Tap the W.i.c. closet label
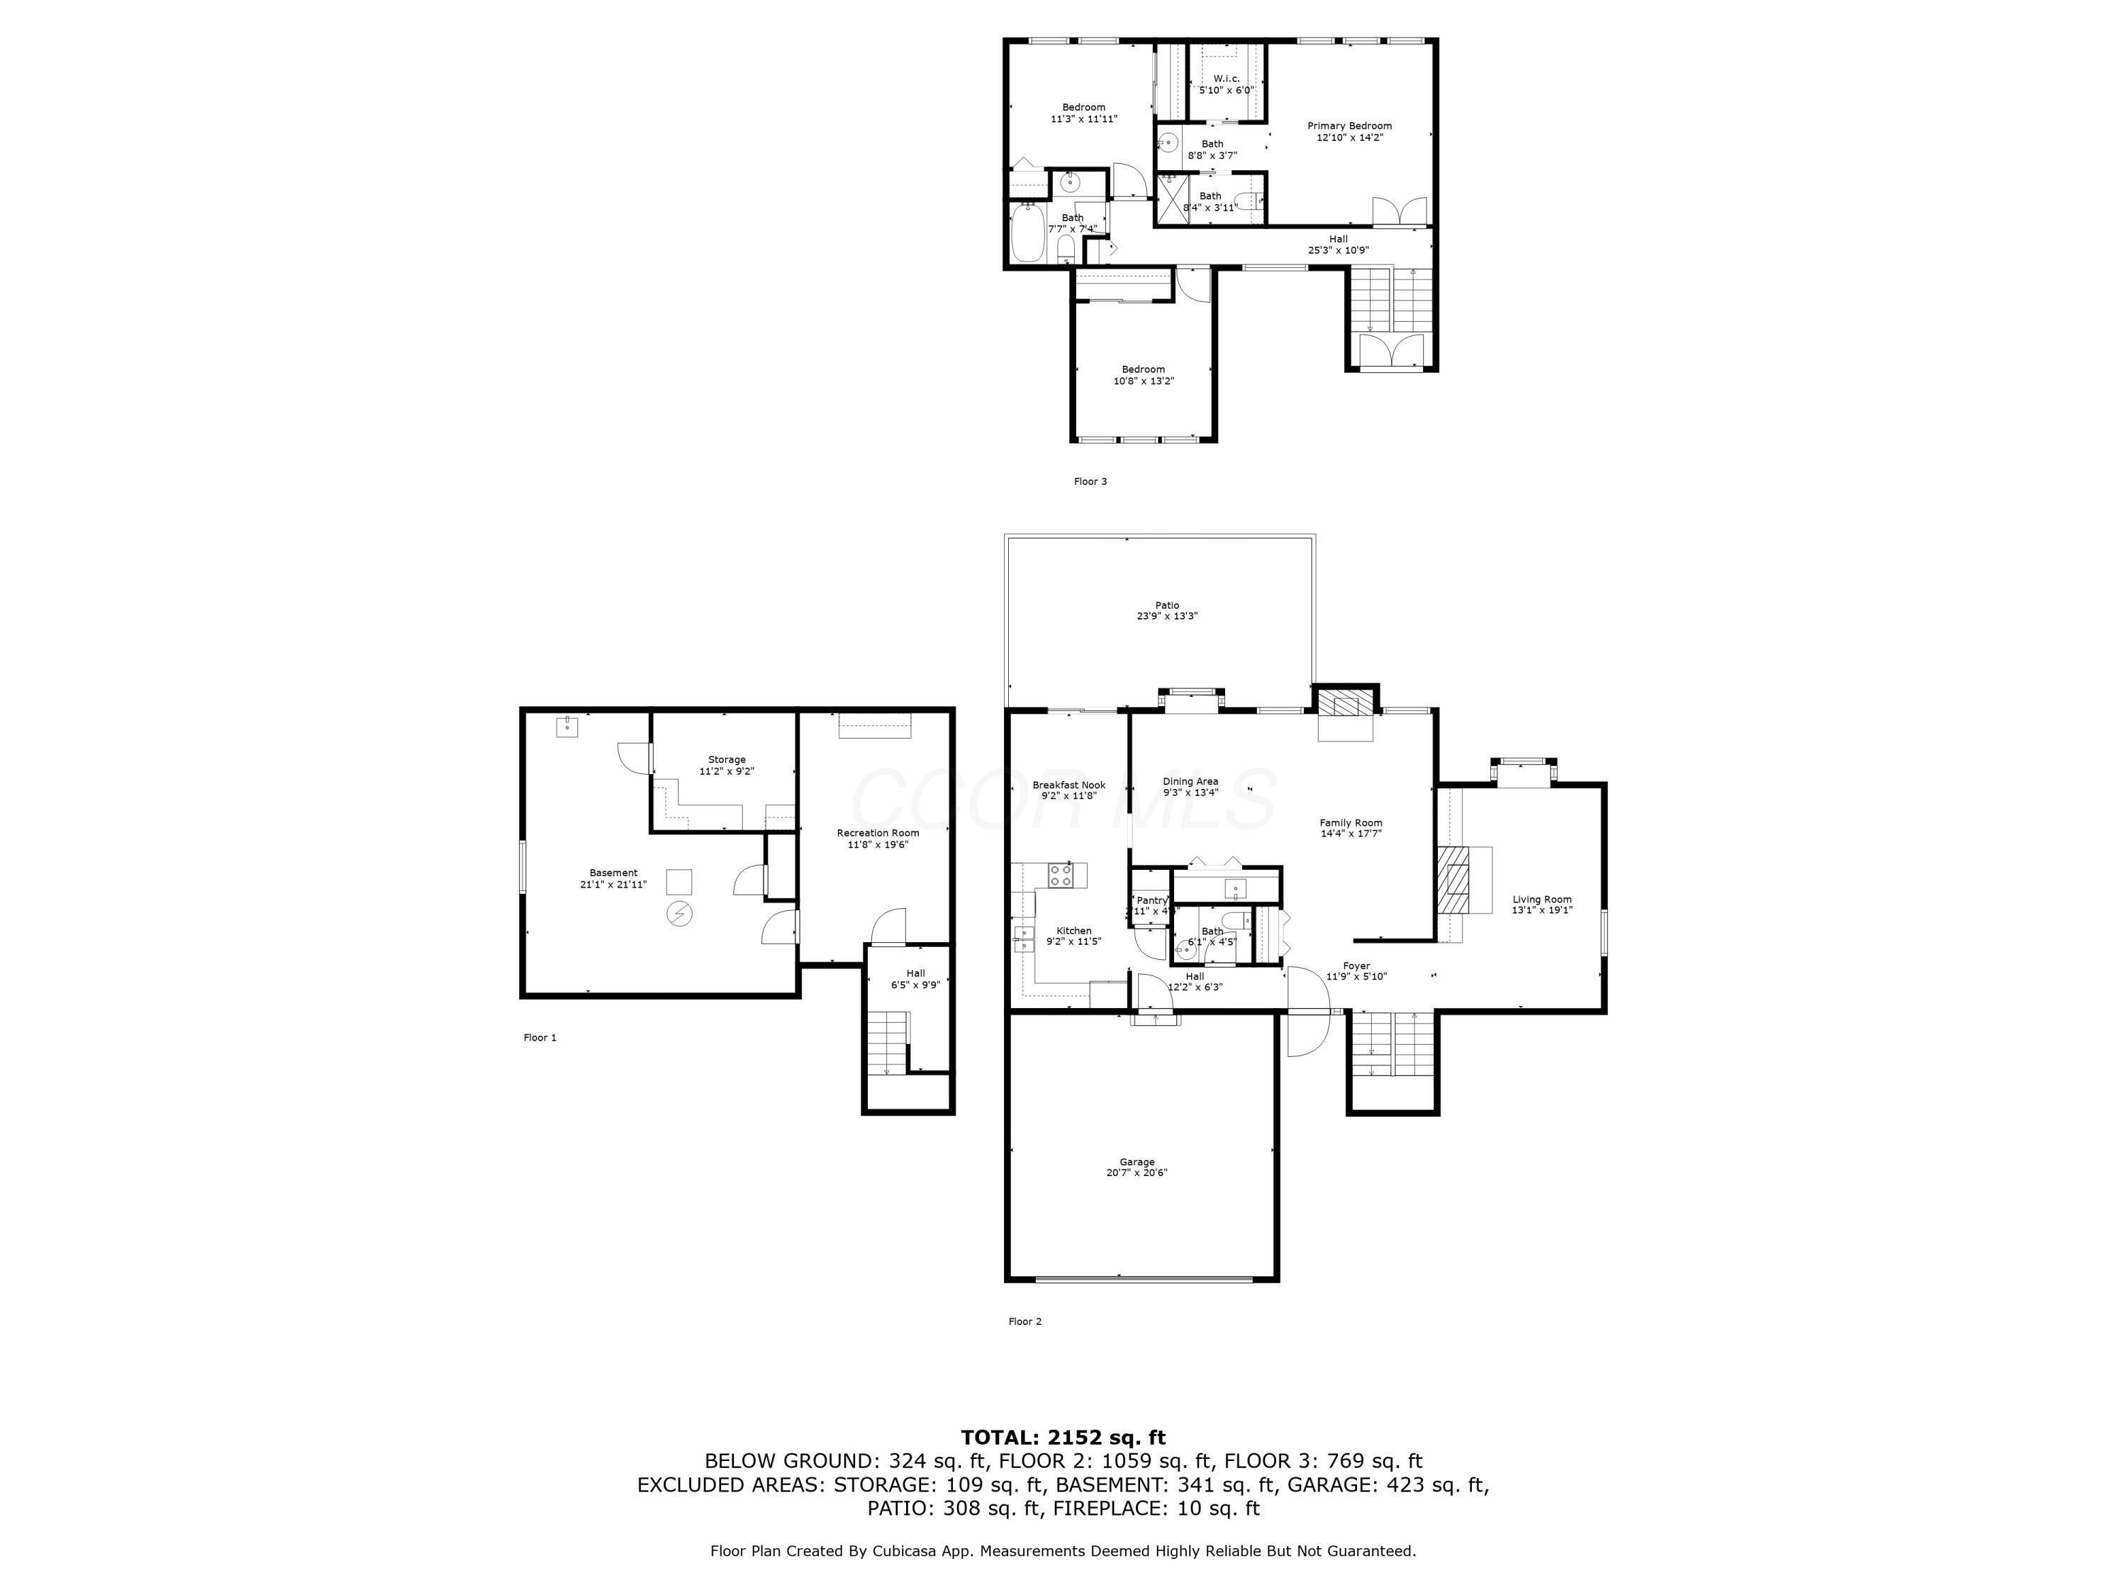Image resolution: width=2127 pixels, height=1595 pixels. (1226, 79)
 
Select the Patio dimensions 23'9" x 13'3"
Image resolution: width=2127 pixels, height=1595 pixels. (1166, 616)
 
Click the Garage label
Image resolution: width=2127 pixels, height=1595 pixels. (1137, 1161)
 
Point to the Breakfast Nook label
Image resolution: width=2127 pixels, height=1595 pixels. (1069, 785)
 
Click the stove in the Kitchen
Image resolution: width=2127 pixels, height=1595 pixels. (1061, 874)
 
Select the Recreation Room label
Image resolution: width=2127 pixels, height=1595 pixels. (877, 833)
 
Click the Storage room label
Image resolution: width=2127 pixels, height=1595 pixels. (726, 759)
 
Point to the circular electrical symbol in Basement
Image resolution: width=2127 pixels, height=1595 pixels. (679, 912)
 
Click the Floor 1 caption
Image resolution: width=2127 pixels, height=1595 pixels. (540, 1037)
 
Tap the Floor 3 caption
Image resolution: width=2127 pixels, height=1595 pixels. (1090, 481)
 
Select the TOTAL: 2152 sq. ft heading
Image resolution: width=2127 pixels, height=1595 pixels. (1063, 1438)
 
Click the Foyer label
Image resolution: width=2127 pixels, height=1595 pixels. (1356, 966)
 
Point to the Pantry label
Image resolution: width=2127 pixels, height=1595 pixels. (1151, 900)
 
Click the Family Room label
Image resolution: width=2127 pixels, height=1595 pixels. (1350, 822)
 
